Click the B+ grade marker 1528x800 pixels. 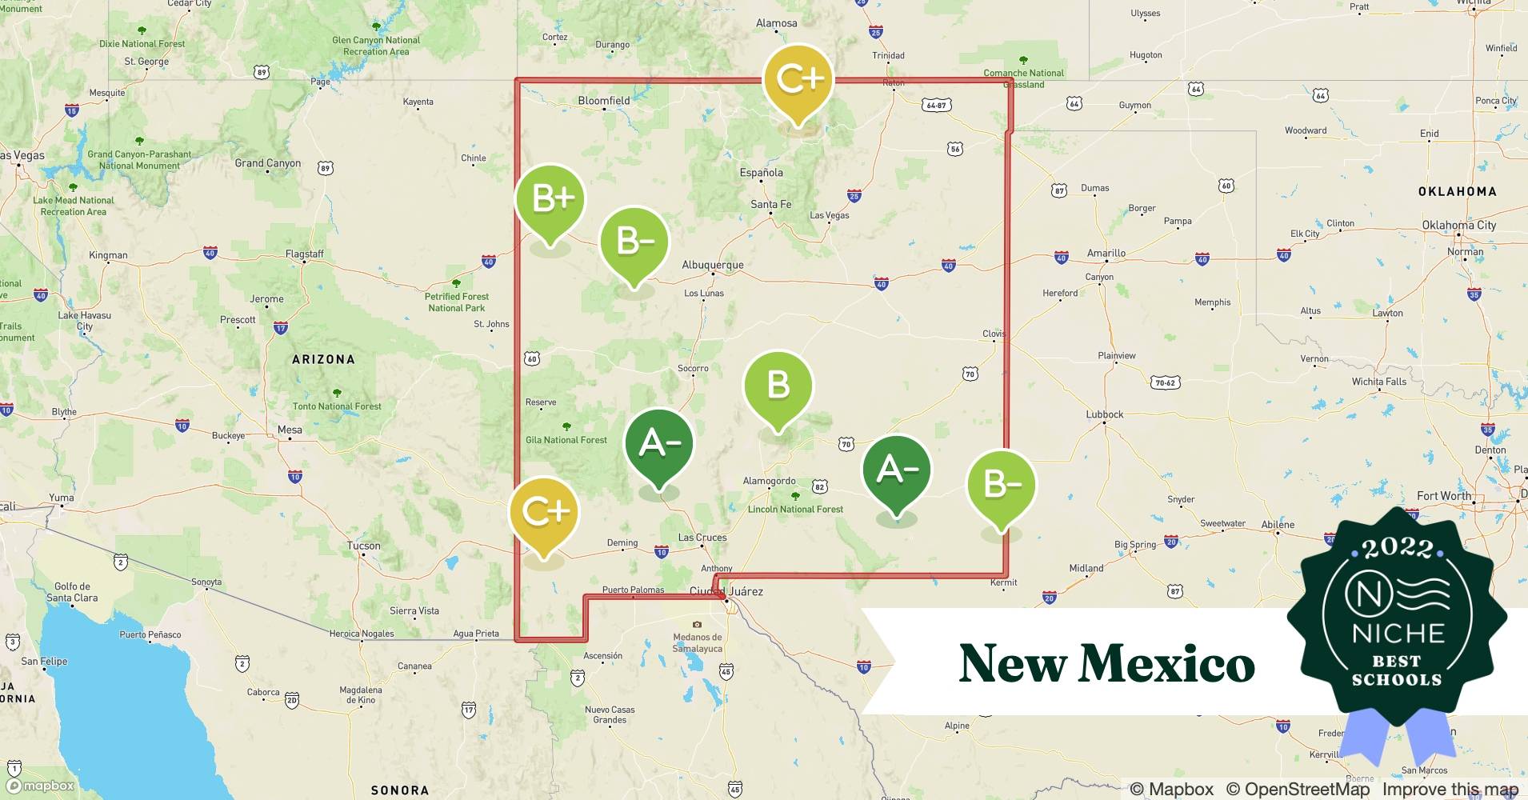coord(550,200)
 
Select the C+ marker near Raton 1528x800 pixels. coord(798,79)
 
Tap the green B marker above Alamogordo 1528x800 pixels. coord(778,386)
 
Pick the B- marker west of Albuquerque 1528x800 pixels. coord(634,242)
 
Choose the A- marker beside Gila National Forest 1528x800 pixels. coord(658,444)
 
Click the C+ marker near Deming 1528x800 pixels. coord(544,512)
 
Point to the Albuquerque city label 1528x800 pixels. coord(712,265)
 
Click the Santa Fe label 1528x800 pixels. coord(770,205)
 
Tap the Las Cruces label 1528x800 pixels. coord(702,538)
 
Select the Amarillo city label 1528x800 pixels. coord(1106,253)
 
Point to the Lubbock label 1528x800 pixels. coord(1104,414)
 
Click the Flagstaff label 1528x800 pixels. coord(305,254)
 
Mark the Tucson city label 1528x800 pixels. coord(363,546)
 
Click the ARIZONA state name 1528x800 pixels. coord(323,359)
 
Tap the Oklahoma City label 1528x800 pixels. coord(1458,225)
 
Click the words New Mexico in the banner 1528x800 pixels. coord(1106,663)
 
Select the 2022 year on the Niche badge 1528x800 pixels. coord(1397,548)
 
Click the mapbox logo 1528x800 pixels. coord(42,786)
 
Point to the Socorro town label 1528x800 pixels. coord(693,369)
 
